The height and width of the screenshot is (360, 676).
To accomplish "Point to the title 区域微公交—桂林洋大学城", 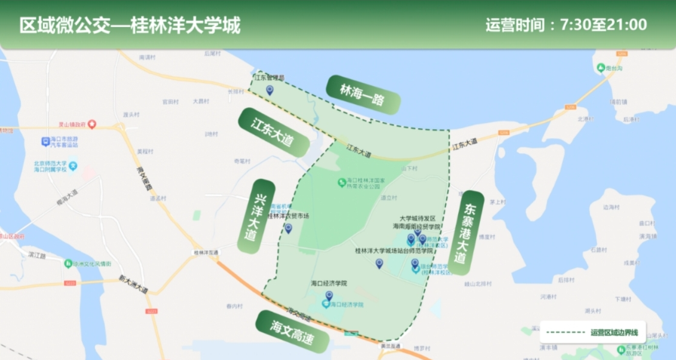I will (130, 25).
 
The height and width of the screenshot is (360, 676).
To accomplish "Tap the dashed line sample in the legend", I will (565, 332).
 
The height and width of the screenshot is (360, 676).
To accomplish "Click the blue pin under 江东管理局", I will (269, 90).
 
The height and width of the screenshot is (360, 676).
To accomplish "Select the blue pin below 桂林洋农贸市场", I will (288, 228).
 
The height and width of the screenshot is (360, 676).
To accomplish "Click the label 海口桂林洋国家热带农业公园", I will (371, 182).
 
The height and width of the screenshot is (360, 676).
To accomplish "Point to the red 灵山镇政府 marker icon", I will (91, 124).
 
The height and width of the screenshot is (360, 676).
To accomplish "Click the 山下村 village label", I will (410, 168).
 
